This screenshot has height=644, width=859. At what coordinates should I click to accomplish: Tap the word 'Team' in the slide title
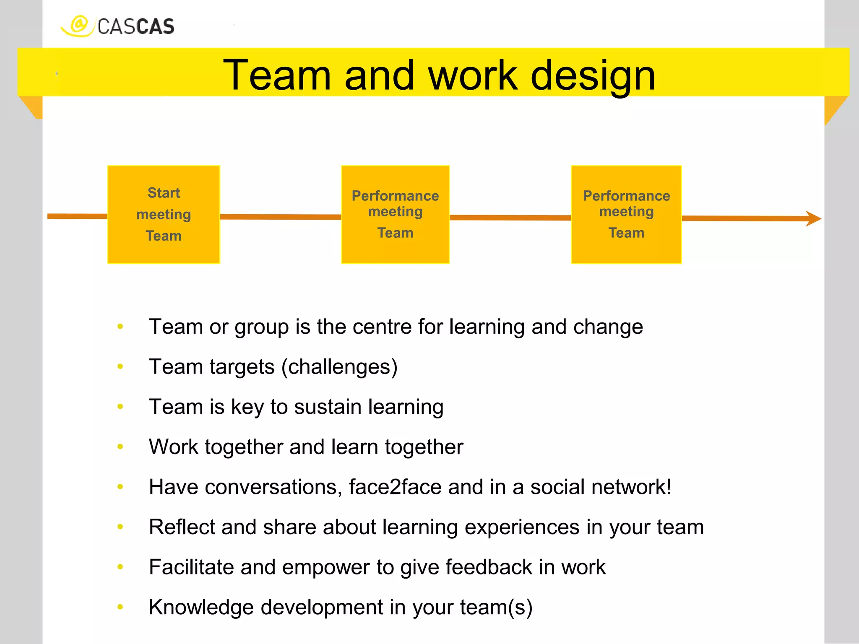(277, 75)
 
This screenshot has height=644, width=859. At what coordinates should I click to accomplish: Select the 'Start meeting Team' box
(164, 215)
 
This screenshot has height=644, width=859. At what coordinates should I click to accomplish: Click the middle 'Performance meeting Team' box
(395, 215)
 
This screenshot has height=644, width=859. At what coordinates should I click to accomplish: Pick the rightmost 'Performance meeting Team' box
(626, 215)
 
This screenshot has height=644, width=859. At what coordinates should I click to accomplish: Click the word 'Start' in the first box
(164, 193)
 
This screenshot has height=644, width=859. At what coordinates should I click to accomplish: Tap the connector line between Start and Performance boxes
(280, 217)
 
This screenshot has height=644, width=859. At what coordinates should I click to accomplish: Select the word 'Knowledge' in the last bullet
(201, 607)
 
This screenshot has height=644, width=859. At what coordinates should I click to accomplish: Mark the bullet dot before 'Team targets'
(120, 367)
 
